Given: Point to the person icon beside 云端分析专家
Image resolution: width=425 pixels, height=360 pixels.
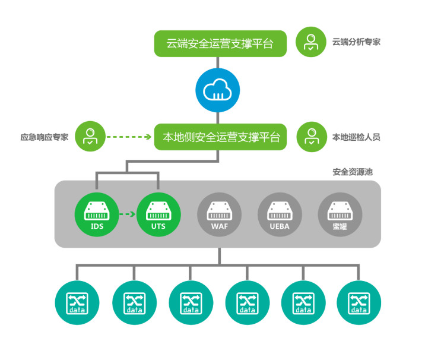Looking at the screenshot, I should click(x=310, y=42).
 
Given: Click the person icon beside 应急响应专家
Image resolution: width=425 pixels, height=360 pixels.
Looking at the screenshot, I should click(x=90, y=137).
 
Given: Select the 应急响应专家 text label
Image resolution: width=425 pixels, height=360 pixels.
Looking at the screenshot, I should click(x=45, y=137).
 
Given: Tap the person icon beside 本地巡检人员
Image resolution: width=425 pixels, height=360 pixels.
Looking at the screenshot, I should click(x=310, y=137).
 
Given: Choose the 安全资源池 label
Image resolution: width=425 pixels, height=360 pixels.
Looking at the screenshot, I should click(x=353, y=172).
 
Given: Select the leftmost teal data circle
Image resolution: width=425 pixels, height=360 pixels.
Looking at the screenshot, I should click(x=77, y=303).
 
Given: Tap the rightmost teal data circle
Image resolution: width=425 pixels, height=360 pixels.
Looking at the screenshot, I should click(x=359, y=303).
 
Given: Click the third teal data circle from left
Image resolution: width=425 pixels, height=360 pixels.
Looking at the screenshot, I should click(x=191, y=303).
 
